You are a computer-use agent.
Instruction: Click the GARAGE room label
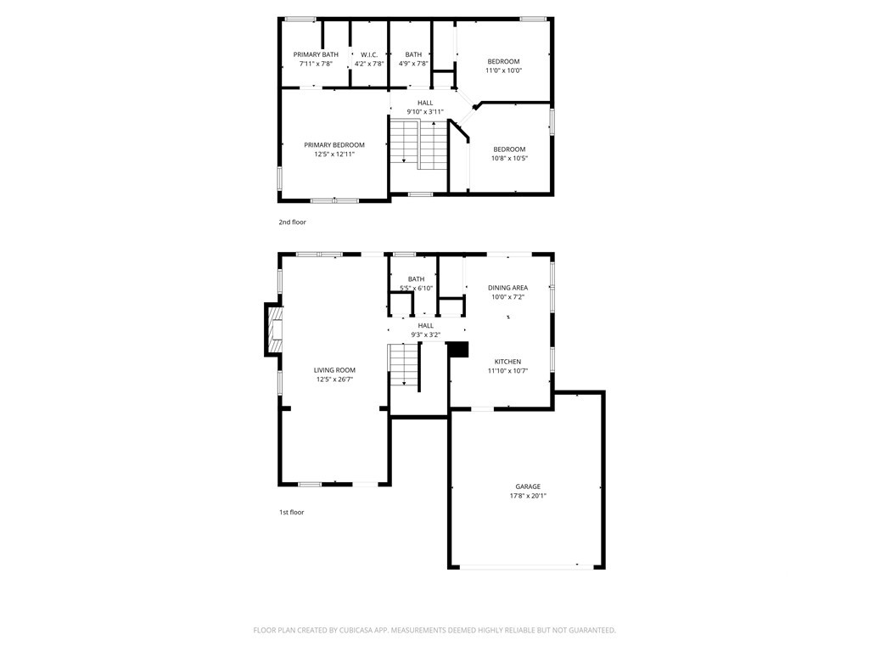528,486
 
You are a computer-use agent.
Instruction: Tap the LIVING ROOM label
334,370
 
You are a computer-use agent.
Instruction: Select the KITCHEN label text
507,362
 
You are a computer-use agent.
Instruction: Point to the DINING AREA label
507,288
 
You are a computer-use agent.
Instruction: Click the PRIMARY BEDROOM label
334,145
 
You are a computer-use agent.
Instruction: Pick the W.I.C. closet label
369,55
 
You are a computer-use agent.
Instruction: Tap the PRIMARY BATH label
316,55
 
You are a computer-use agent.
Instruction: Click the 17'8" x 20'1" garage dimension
528,496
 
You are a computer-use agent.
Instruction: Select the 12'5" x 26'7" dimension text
334,379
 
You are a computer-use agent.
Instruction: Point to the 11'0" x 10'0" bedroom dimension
504,70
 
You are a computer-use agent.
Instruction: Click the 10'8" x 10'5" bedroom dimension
509,158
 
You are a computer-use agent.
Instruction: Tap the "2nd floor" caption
292,222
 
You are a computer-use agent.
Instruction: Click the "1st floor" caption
292,512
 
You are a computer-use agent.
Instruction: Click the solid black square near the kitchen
457,349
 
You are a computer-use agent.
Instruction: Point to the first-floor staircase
403,364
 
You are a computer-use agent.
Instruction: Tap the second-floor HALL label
426,103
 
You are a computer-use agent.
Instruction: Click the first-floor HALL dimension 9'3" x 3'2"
426,334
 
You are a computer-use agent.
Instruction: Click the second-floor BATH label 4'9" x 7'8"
413,59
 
